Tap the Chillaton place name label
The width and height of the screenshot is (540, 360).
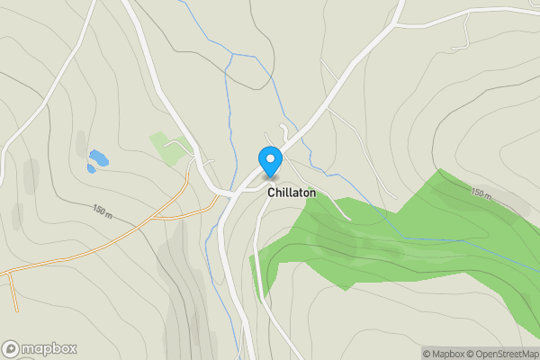click(291, 193)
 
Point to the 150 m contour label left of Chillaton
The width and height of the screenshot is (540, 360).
click(103, 211)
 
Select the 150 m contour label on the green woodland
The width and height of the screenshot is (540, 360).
click(481, 193)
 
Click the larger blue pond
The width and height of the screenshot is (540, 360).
click(99, 158)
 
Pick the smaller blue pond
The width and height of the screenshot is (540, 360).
click(91, 167)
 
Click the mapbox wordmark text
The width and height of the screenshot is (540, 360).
click(49, 348)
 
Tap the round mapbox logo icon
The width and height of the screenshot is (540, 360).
click(11, 348)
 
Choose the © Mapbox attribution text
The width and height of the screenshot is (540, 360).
click(446, 354)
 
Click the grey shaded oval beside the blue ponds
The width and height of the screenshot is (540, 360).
click(81, 143)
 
